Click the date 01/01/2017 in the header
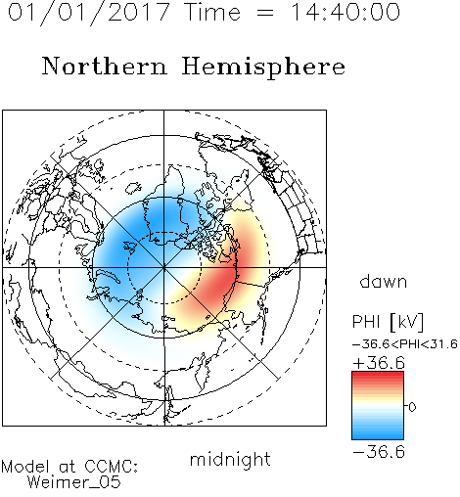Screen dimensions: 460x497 point(88,13)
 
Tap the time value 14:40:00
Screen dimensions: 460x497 point(345,12)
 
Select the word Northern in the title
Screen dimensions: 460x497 point(105,66)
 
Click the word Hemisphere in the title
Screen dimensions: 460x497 point(263,68)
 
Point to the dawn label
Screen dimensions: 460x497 point(384,281)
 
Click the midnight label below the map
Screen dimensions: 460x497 point(230,460)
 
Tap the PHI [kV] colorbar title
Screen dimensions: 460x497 point(389,322)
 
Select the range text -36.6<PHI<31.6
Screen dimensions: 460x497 point(405,344)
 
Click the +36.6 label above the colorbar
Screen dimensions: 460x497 point(379,363)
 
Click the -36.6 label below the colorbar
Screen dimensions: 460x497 point(379,452)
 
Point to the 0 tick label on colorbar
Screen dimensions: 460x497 point(412,407)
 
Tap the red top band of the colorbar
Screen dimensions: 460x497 point(378,376)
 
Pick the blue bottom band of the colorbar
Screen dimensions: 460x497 point(378,435)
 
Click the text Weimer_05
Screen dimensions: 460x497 point(74,481)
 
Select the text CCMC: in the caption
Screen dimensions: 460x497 point(111,467)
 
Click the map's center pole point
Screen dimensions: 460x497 point(164,267)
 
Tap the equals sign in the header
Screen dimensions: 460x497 point(264,13)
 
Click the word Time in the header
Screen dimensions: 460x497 point(212,12)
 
